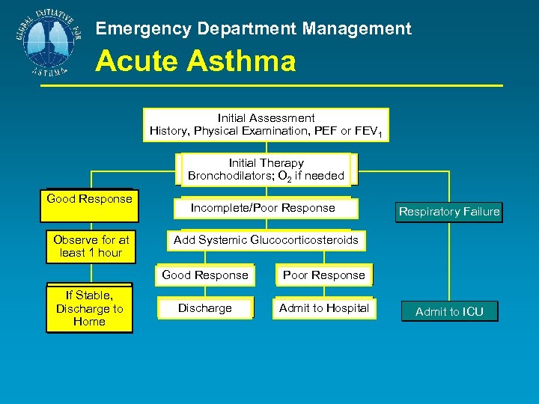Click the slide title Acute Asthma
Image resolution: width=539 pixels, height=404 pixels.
click(x=195, y=61)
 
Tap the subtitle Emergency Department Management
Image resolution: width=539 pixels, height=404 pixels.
click(x=254, y=29)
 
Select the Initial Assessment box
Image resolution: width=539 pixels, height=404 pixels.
click(x=266, y=125)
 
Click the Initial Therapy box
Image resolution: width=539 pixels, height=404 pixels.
click(x=266, y=169)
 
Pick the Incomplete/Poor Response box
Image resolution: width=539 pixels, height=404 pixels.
click(x=263, y=208)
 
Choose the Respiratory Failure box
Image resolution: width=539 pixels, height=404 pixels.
click(x=449, y=212)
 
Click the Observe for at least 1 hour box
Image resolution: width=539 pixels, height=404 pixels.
click(x=91, y=246)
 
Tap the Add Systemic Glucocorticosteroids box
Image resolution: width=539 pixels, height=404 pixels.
click(x=266, y=240)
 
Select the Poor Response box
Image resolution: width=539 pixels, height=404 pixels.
click(x=323, y=275)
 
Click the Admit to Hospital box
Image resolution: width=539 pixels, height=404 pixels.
click(x=323, y=308)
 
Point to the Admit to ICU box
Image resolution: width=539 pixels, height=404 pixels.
click(x=449, y=312)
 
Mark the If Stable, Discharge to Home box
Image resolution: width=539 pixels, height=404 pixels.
click(x=89, y=308)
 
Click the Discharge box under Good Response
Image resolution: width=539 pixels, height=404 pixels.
click(x=205, y=308)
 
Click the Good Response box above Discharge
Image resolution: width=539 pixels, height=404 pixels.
click(x=205, y=275)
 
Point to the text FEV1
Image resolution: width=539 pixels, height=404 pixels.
click(x=369, y=132)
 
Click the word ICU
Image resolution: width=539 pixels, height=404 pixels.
click(x=472, y=312)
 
